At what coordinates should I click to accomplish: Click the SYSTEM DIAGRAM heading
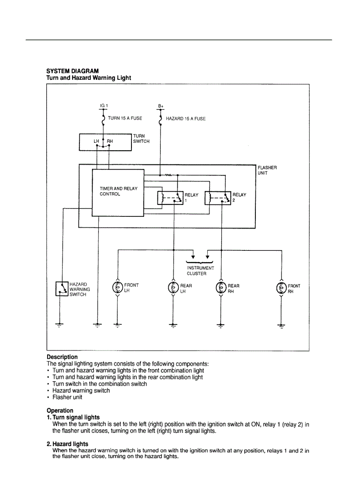click(x=73, y=71)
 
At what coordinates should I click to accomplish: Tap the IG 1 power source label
click(x=104, y=106)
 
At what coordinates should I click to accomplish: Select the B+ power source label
click(x=161, y=106)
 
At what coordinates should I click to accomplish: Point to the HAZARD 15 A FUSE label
click(x=185, y=119)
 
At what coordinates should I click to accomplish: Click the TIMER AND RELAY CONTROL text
click(x=118, y=191)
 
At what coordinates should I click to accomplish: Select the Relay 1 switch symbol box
click(x=170, y=199)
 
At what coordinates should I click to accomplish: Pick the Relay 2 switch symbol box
click(x=218, y=198)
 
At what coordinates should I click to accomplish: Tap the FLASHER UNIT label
click(x=267, y=170)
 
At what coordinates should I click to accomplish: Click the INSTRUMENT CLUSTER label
click(x=200, y=271)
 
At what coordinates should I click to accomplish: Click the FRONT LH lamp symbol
click(x=117, y=288)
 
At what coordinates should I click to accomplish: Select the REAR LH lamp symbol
click(x=173, y=288)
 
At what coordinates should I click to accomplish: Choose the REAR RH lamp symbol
click(x=221, y=288)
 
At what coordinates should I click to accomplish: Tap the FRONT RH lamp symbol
click(x=281, y=288)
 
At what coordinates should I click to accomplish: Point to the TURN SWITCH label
click(x=141, y=139)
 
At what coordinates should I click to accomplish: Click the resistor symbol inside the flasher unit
click(x=168, y=175)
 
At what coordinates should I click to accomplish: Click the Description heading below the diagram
click(x=62, y=357)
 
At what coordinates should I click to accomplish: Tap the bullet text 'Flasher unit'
click(x=67, y=397)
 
